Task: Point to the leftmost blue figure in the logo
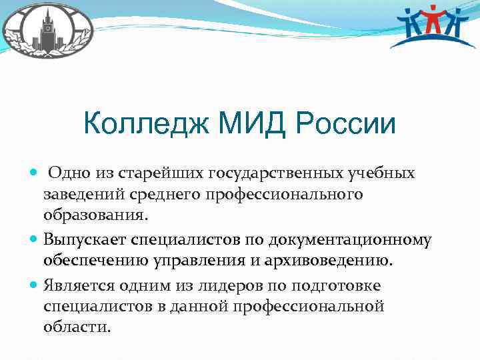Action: [x=411, y=27]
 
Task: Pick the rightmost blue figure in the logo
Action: [x=460, y=27]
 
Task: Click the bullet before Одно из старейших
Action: [x=35, y=173]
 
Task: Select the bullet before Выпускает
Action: [x=35, y=239]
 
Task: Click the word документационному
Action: [x=357, y=239]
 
